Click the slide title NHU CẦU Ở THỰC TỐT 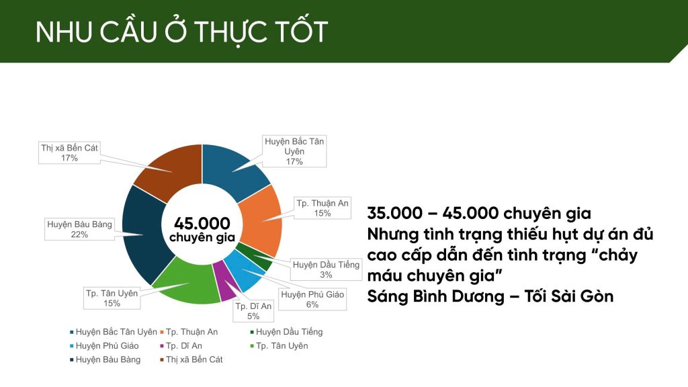pos(181,32)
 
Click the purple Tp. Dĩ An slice pos(225,281)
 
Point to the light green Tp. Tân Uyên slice pos(187,281)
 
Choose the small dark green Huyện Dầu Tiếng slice pos(258,259)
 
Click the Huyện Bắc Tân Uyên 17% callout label pos(294,151)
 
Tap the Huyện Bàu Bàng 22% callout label pos(79,229)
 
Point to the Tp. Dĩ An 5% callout pos(253,311)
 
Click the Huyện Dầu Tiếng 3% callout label pos(326,269)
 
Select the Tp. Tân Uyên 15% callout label pos(112,298)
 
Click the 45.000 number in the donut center pos(202,223)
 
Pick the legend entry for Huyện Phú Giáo pos(104,346)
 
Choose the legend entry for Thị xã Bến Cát pos(191,359)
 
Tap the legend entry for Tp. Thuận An pos(189,332)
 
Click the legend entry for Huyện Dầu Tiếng pos(286,332)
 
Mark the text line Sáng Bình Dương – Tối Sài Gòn pos(490,296)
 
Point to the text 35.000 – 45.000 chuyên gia pos(479,213)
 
